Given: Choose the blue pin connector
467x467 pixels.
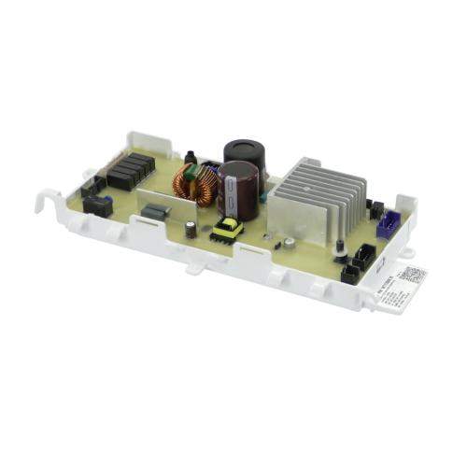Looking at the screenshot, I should tap(384, 225).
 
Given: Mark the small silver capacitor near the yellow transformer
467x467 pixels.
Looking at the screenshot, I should tap(191, 229).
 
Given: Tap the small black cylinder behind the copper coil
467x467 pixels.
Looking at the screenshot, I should tap(191, 158).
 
